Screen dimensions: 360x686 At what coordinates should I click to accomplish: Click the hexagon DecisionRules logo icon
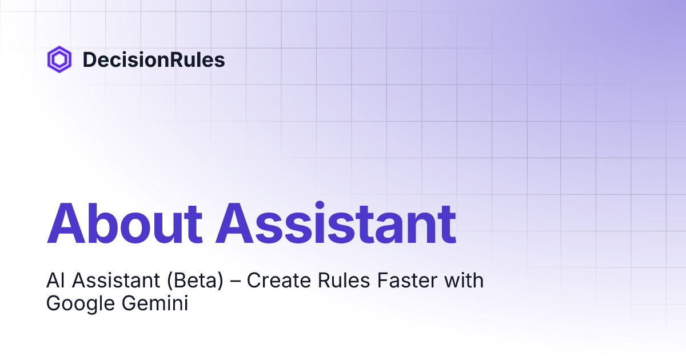point(59,59)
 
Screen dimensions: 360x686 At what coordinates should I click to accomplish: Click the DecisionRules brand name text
point(153,59)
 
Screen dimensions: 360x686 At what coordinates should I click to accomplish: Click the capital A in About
point(66,223)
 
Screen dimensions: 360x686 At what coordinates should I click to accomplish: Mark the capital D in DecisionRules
point(89,59)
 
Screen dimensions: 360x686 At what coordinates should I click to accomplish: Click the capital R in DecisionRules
point(169,59)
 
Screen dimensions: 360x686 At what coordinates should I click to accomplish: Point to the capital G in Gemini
point(126,303)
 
